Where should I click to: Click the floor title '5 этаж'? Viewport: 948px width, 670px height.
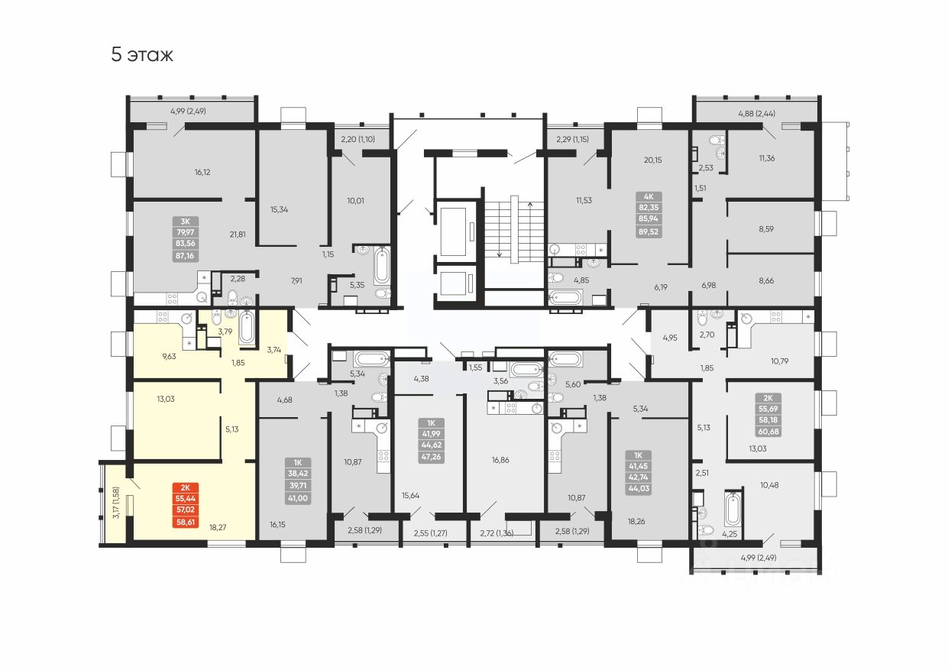point(143,55)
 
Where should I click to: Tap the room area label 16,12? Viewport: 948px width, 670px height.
point(202,172)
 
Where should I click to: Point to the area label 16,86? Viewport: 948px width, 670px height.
point(500,459)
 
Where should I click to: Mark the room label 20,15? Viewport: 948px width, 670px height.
point(652,160)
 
